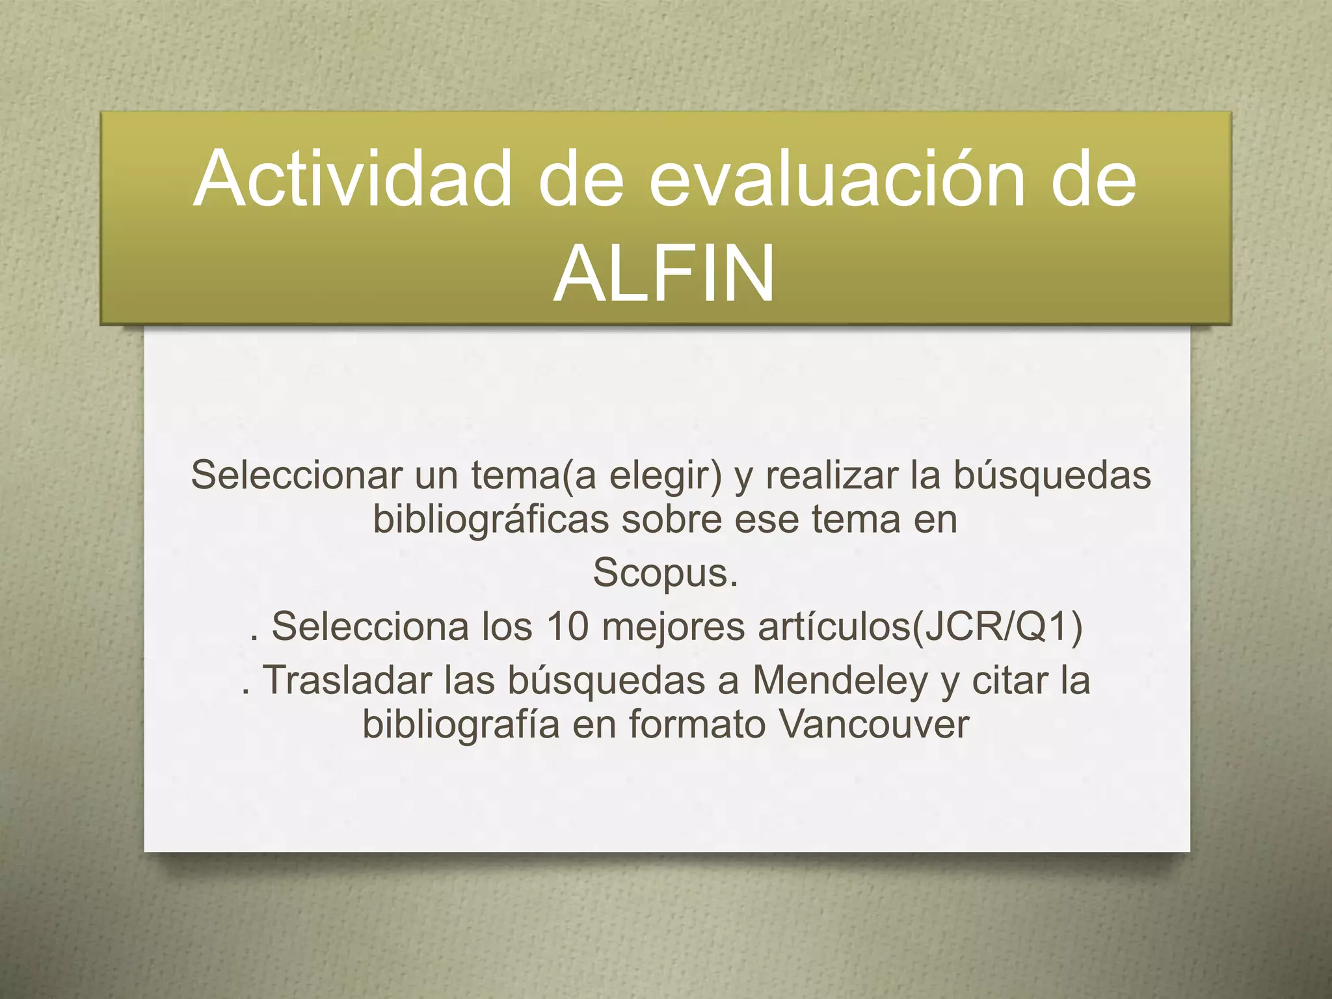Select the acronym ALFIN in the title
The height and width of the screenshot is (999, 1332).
tap(664, 274)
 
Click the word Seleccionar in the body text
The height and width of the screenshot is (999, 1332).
tap(297, 475)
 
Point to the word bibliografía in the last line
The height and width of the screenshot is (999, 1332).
tap(461, 724)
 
